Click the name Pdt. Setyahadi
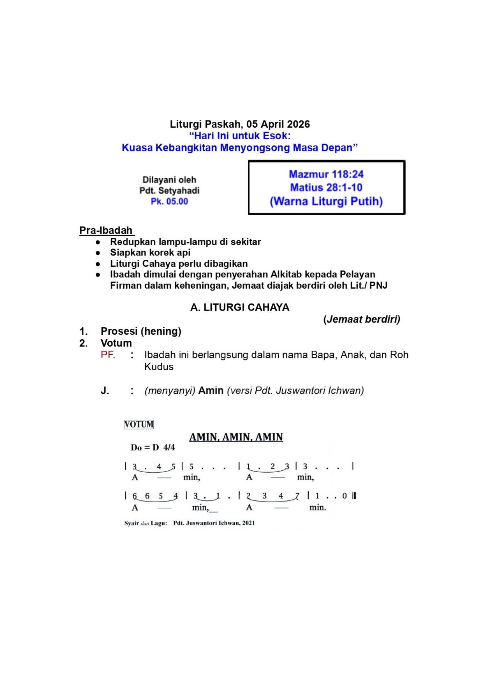click(169, 191)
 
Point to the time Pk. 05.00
click(169, 201)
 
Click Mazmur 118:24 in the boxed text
click(326, 174)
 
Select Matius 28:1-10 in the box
click(326, 187)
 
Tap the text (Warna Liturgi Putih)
click(326, 201)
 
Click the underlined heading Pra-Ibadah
click(106, 230)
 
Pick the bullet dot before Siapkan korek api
click(98, 253)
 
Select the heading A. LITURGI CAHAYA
click(240, 307)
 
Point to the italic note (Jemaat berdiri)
click(362, 319)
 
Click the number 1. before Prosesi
click(83, 331)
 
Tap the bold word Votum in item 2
click(116, 343)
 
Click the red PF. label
click(108, 355)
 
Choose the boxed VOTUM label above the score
click(139, 424)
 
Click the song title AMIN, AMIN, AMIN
click(236, 437)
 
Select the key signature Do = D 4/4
click(153, 448)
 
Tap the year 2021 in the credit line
click(248, 523)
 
